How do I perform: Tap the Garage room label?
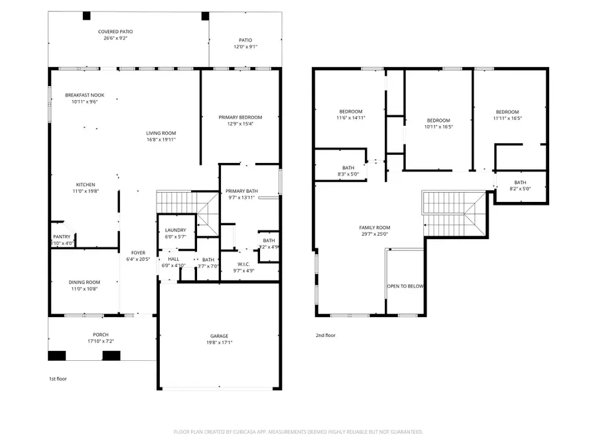[x=222, y=336]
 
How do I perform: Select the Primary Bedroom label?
[x=240, y=117]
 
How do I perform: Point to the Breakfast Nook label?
[x=84, y=95]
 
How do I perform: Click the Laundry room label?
[x=176, y=230]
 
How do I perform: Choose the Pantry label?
[x=62, y=236]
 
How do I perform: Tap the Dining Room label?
[x=84, y=282]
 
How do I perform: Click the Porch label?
[x=100, y=334]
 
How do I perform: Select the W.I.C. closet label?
[x=243, y=264]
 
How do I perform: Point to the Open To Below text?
[x=405, y=286]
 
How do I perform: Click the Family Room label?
[x=375, y=227]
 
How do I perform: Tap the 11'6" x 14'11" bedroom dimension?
[x=351, y=118]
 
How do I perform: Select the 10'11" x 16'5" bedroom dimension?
[x=438, y=126]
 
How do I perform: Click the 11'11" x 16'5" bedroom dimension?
[x=507, y=119]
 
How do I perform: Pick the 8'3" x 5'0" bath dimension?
[x=348, y=175]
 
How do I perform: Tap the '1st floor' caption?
[x=57, y=379]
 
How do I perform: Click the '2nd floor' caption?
[x=325, y=335]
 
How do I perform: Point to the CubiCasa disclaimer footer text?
[x=298, y=432]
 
